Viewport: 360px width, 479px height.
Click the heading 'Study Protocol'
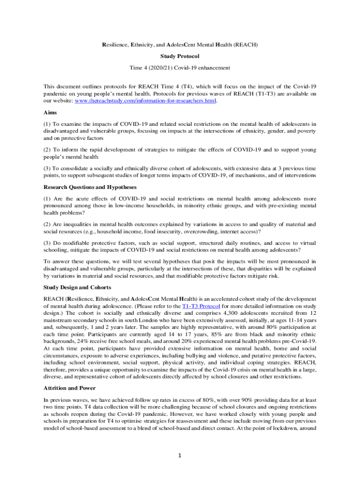[180, 56]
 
